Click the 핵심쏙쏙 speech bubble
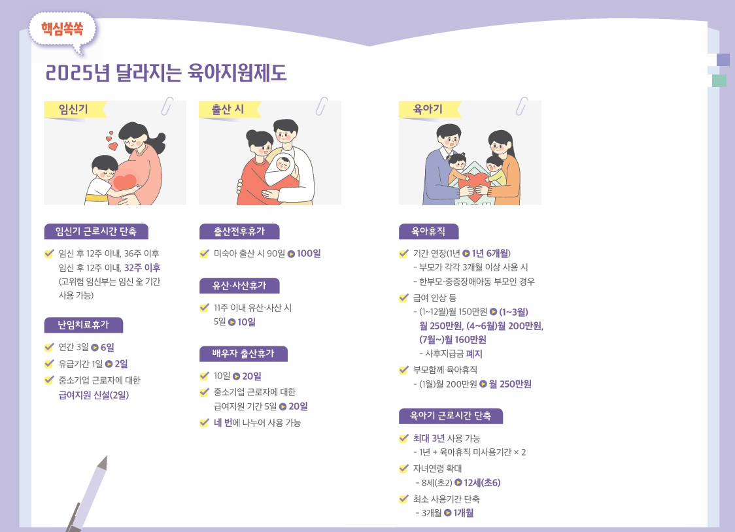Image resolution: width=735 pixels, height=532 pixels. click(x=62, y=31)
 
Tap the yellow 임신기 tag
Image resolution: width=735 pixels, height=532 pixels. click(x=74, y=110)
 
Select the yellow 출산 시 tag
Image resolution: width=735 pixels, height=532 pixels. click(x=229, y=110)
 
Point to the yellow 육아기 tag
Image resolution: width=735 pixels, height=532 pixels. click(x=429, y=110)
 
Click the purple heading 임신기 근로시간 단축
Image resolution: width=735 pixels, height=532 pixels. click(x=96, y=231)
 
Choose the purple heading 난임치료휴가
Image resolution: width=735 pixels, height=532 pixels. click(x=84, y=325)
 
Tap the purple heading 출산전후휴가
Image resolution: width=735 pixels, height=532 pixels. click(x=239, y=231)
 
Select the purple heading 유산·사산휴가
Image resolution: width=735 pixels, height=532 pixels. click(x=239, y=285)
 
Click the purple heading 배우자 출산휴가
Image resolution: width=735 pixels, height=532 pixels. click(x=243, y=354)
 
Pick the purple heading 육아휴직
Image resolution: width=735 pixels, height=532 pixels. click(x=428, y=231)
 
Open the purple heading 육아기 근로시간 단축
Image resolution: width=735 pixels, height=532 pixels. click(x=451, y=416)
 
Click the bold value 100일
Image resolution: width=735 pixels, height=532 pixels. click(x=309, y=254)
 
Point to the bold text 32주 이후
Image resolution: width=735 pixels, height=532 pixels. click(x=143, y=267)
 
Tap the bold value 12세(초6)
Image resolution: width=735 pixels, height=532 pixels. click(x=483, y=482)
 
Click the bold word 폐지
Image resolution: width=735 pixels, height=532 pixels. click(x=474, y=354)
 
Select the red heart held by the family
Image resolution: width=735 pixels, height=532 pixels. click(x=476, y=182)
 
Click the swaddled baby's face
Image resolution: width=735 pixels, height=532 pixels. click(x=282, y=164)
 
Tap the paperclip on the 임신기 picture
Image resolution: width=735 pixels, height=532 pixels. click(x=167, y=107)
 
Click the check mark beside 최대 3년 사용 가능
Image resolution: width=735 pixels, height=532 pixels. click(x=403, y=438)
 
